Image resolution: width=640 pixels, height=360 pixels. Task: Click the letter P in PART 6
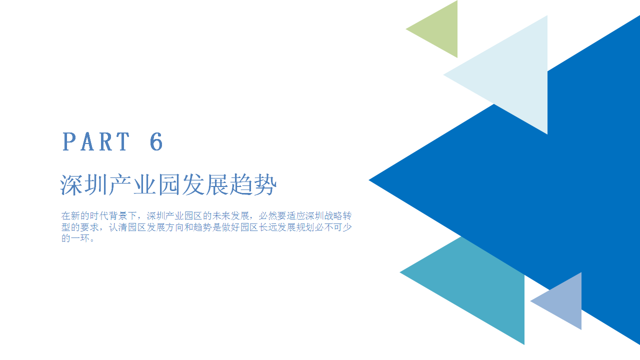pyautogui.click(x=69, y=141)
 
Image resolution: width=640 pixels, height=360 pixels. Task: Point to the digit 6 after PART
pyautogui.click(x=156, y=141)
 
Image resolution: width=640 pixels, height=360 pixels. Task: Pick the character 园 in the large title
pyautogui.click(x=168, y=185)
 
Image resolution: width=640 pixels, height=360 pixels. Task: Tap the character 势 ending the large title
pyautogui.click(x=265, y=185)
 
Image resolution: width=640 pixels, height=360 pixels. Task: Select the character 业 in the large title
pyautogui.click(x=144, y=185)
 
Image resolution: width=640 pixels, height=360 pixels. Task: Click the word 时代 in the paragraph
pyautogui.click(x=99, y=215)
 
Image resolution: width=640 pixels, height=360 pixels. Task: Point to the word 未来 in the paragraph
pyautogui.click(x=221, y=215)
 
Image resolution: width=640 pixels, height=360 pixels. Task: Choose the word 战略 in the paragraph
pyautogui.click(x=333, y=215)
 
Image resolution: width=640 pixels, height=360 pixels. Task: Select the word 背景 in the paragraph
pyautogui.click(x=117, y=215)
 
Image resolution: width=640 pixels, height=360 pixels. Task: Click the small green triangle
pyautogui.click(x=440, y=29)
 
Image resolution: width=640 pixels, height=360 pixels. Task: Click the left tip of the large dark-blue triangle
pyautogui.click(x=369, y=180)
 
